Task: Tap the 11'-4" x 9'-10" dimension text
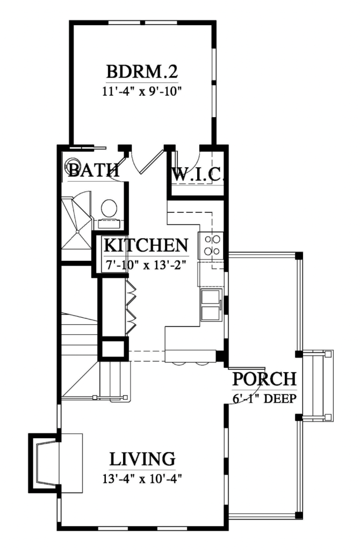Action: [x=142, y=91]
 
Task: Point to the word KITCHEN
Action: [x=146, y=245]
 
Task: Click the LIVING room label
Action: [x=142, y=459]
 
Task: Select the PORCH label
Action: [x=265, y=379]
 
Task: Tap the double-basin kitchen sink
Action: [x=211, y=305]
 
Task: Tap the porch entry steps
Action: [x=318, y=385]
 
